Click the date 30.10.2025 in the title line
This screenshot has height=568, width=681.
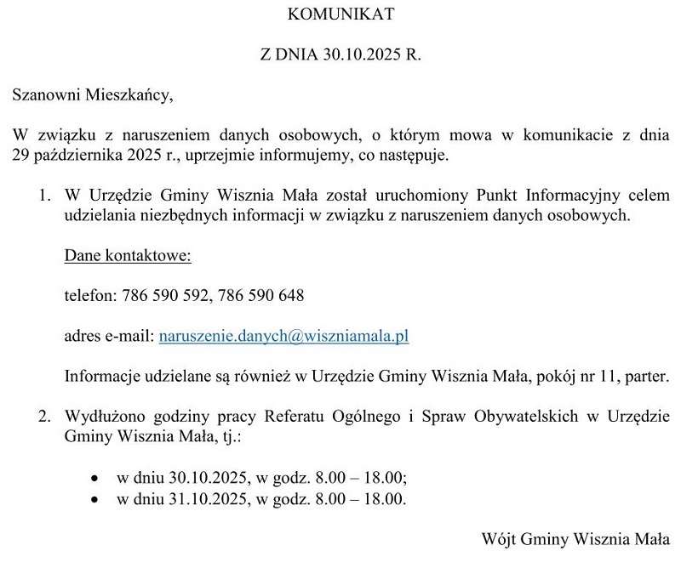point(363,55)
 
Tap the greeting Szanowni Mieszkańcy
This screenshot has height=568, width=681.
point(92,95)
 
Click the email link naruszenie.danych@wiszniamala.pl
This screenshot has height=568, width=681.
point(284,336)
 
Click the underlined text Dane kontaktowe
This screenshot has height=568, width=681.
point(128,255)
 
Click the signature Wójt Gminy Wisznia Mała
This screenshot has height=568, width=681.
point(576,539)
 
